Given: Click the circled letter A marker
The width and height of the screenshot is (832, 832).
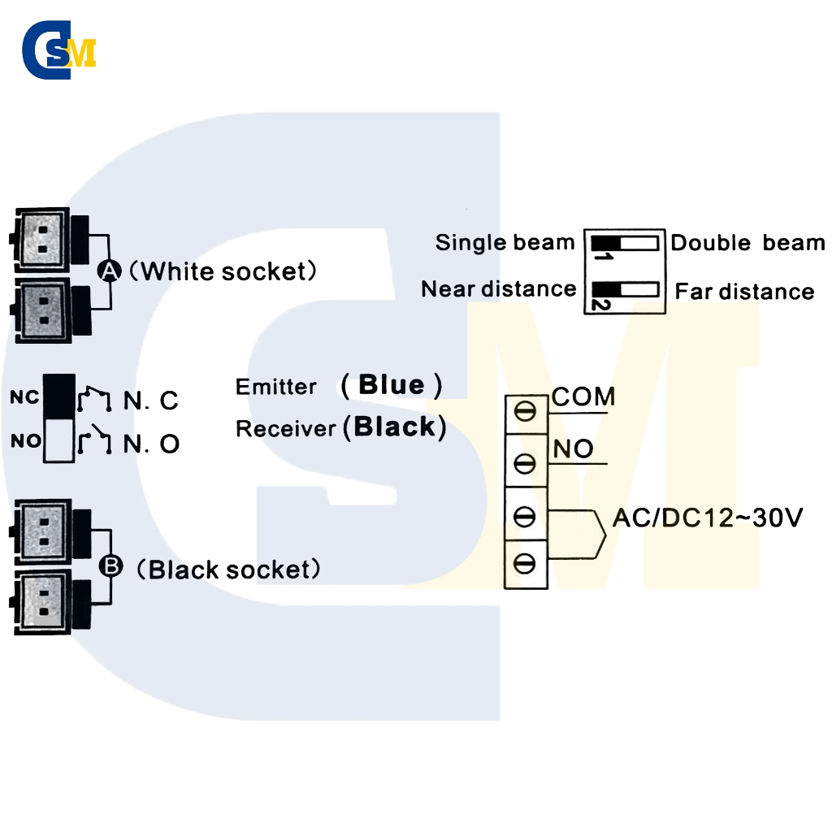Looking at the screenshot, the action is [x=110, y=271].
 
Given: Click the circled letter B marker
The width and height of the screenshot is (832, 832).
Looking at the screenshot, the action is [x=110, y=565].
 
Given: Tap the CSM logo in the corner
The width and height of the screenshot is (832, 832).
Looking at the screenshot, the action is [x=58, y=50].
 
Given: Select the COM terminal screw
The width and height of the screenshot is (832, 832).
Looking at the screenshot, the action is [x=525, y=411].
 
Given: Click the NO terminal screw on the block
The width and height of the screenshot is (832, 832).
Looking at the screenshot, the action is [x=525, y=463].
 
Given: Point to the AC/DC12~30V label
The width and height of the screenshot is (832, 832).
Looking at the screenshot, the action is [x=708, y=518].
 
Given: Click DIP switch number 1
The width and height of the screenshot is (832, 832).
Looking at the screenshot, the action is [x=625, y=244].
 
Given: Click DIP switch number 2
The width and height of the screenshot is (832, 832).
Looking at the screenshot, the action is [x=625, y=290].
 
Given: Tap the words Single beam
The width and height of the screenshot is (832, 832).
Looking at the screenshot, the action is [x=505, y=242].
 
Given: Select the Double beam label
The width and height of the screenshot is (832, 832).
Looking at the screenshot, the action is [x=747, y=242].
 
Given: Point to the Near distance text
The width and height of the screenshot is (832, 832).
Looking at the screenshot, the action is [x=498, y=289].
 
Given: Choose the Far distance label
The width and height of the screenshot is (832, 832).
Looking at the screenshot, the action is [x=744, y=292].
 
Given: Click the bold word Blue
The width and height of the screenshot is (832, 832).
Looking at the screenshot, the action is [x=392, y=384].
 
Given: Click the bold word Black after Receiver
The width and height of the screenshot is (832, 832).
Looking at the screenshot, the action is [x=394, y=427].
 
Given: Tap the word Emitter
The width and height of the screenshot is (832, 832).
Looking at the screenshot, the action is [x=276, y=387].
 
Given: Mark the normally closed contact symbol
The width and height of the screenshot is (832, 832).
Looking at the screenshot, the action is [x=94, y=399].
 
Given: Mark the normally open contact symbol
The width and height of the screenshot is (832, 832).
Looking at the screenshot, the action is [x=94, y=440].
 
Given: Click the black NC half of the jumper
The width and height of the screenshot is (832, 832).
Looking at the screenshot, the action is [x=58, y=396].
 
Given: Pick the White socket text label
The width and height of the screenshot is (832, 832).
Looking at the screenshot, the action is [x=223, y=271].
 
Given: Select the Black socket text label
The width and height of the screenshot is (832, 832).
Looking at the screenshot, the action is [x=228, y=570].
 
